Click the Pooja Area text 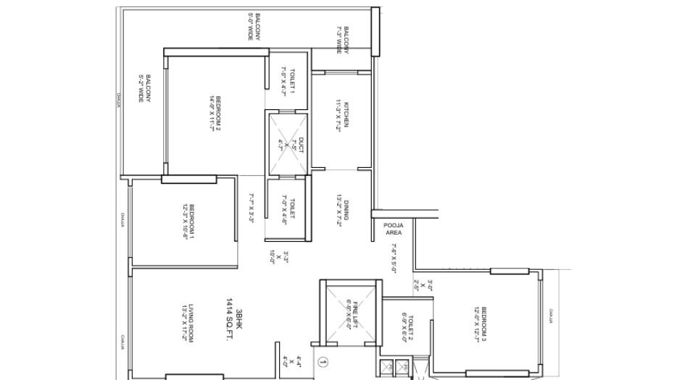tap(393, 229)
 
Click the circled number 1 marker tap(324, 361)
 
